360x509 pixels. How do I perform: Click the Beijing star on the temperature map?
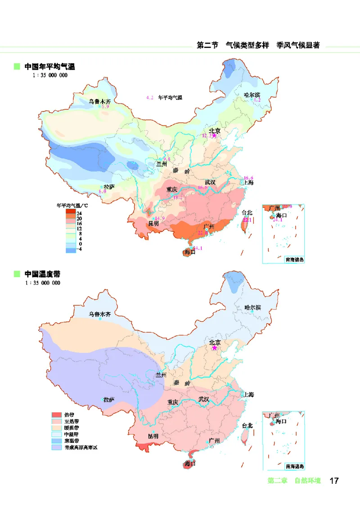(x=215, y=135)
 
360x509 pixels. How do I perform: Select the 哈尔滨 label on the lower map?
(x=252, y=307)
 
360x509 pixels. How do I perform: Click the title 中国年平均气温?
(x=49, y=67)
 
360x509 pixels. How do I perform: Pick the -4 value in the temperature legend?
(x=79, y=249)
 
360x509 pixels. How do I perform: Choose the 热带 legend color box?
(x=57, y=414)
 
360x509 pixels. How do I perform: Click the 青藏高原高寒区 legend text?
(x=81, y=448)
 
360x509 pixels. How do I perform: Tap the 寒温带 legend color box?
(x=57, y=441)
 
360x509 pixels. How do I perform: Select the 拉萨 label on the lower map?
(x=108, y=400)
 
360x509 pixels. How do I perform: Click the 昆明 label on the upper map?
(x=153, y=224)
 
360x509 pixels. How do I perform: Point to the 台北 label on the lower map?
(x=247, y=425)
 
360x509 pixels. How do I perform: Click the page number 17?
(x=334, y=481)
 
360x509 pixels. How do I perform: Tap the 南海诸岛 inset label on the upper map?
(x=295, y=260)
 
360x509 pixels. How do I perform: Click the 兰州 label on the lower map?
(x=161, y=375)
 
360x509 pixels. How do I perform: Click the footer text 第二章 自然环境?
(x=294, y=481)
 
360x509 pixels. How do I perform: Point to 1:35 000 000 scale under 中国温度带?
(x=43, y=283)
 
